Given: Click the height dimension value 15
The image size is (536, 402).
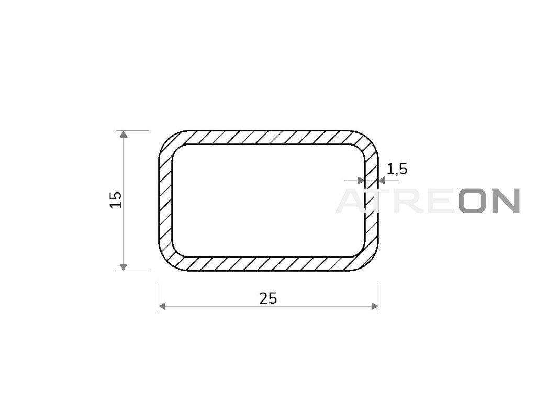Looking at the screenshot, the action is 116,199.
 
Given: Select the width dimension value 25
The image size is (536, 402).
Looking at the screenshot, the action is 268,298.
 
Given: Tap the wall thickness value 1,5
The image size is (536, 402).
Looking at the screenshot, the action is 397,169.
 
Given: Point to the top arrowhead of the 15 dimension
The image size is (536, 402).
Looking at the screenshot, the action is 124,134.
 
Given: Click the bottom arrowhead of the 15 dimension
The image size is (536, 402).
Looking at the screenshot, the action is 124,267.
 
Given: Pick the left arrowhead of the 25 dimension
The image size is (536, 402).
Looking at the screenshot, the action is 162,306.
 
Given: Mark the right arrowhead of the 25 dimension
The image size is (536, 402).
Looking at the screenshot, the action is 375,306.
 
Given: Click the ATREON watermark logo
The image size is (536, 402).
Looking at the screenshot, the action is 428,200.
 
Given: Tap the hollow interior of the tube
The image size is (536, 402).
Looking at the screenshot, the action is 269,200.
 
